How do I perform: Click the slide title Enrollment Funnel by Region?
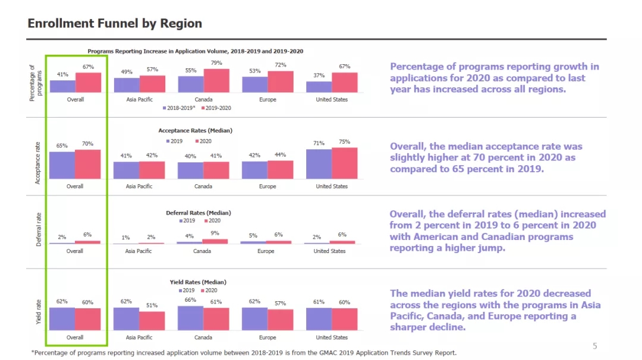(x=115, y=24)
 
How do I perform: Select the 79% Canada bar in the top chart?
(x=216, y=81)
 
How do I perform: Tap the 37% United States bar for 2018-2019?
(x=319, y=87)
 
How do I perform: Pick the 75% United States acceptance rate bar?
(x=344, y=163)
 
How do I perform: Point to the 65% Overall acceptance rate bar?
(x=62, y=165)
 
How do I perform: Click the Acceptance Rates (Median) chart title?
(x=195, y=130)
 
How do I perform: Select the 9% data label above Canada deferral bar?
(x=215, y=233)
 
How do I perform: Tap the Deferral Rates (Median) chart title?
(x=198, y=213)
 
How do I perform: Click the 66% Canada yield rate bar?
(x=190, y=318)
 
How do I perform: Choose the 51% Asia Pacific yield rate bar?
(x=152, y=321)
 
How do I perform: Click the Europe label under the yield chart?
(x=267, y=337)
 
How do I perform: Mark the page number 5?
(x=595, y=346)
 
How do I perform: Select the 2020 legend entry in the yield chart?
(x=208, y=290)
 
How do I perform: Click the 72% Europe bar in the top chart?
(x=280, y=82)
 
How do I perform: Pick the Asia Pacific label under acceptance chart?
(x=139, y=187)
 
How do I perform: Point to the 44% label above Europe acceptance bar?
(x=280, y=154)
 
